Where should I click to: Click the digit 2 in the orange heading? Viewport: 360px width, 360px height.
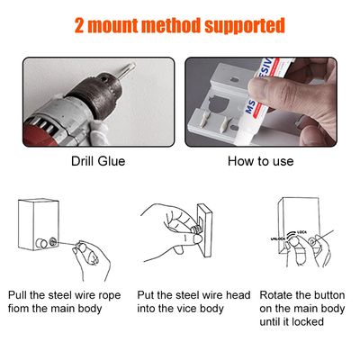(79, 26)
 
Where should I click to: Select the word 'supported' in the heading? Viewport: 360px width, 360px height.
(245, 26)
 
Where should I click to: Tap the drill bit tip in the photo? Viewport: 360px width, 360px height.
(132, 66)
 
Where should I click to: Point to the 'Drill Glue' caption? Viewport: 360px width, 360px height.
(98, 161)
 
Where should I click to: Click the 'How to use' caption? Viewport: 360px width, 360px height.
(260, 161)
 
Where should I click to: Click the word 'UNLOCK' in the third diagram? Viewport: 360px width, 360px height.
(277, 238)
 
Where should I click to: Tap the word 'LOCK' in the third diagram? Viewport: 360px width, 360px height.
(301, 232)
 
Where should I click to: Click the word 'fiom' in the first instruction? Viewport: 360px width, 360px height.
(19, 309)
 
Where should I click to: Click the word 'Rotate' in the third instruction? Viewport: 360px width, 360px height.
(275, 295)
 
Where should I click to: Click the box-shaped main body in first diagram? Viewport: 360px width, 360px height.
(38, 224)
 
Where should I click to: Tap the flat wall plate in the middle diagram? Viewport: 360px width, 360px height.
(205, 230)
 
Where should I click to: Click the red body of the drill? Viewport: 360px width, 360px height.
(38, 132)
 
